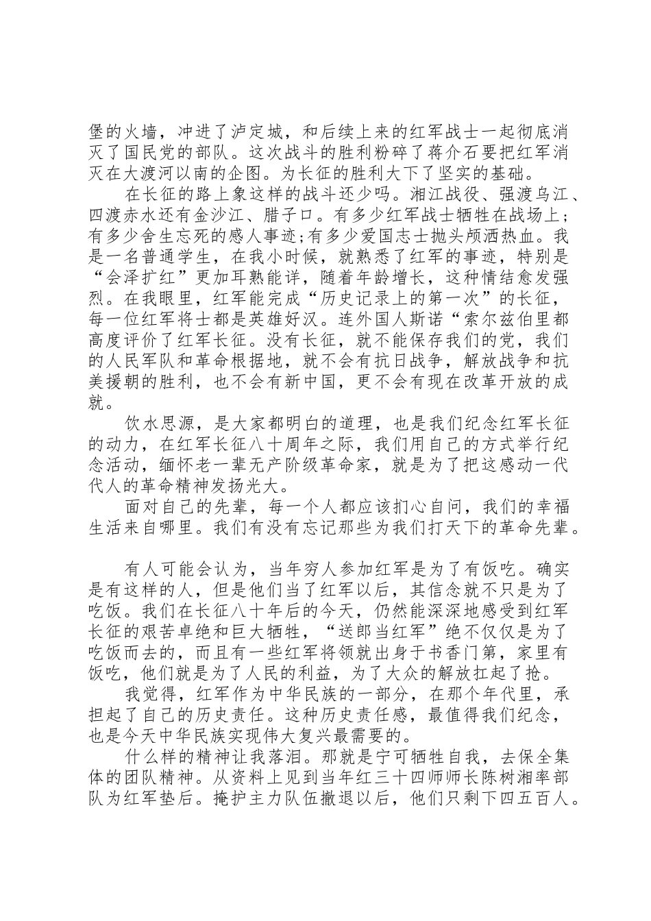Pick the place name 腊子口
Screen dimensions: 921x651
point(296,220)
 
